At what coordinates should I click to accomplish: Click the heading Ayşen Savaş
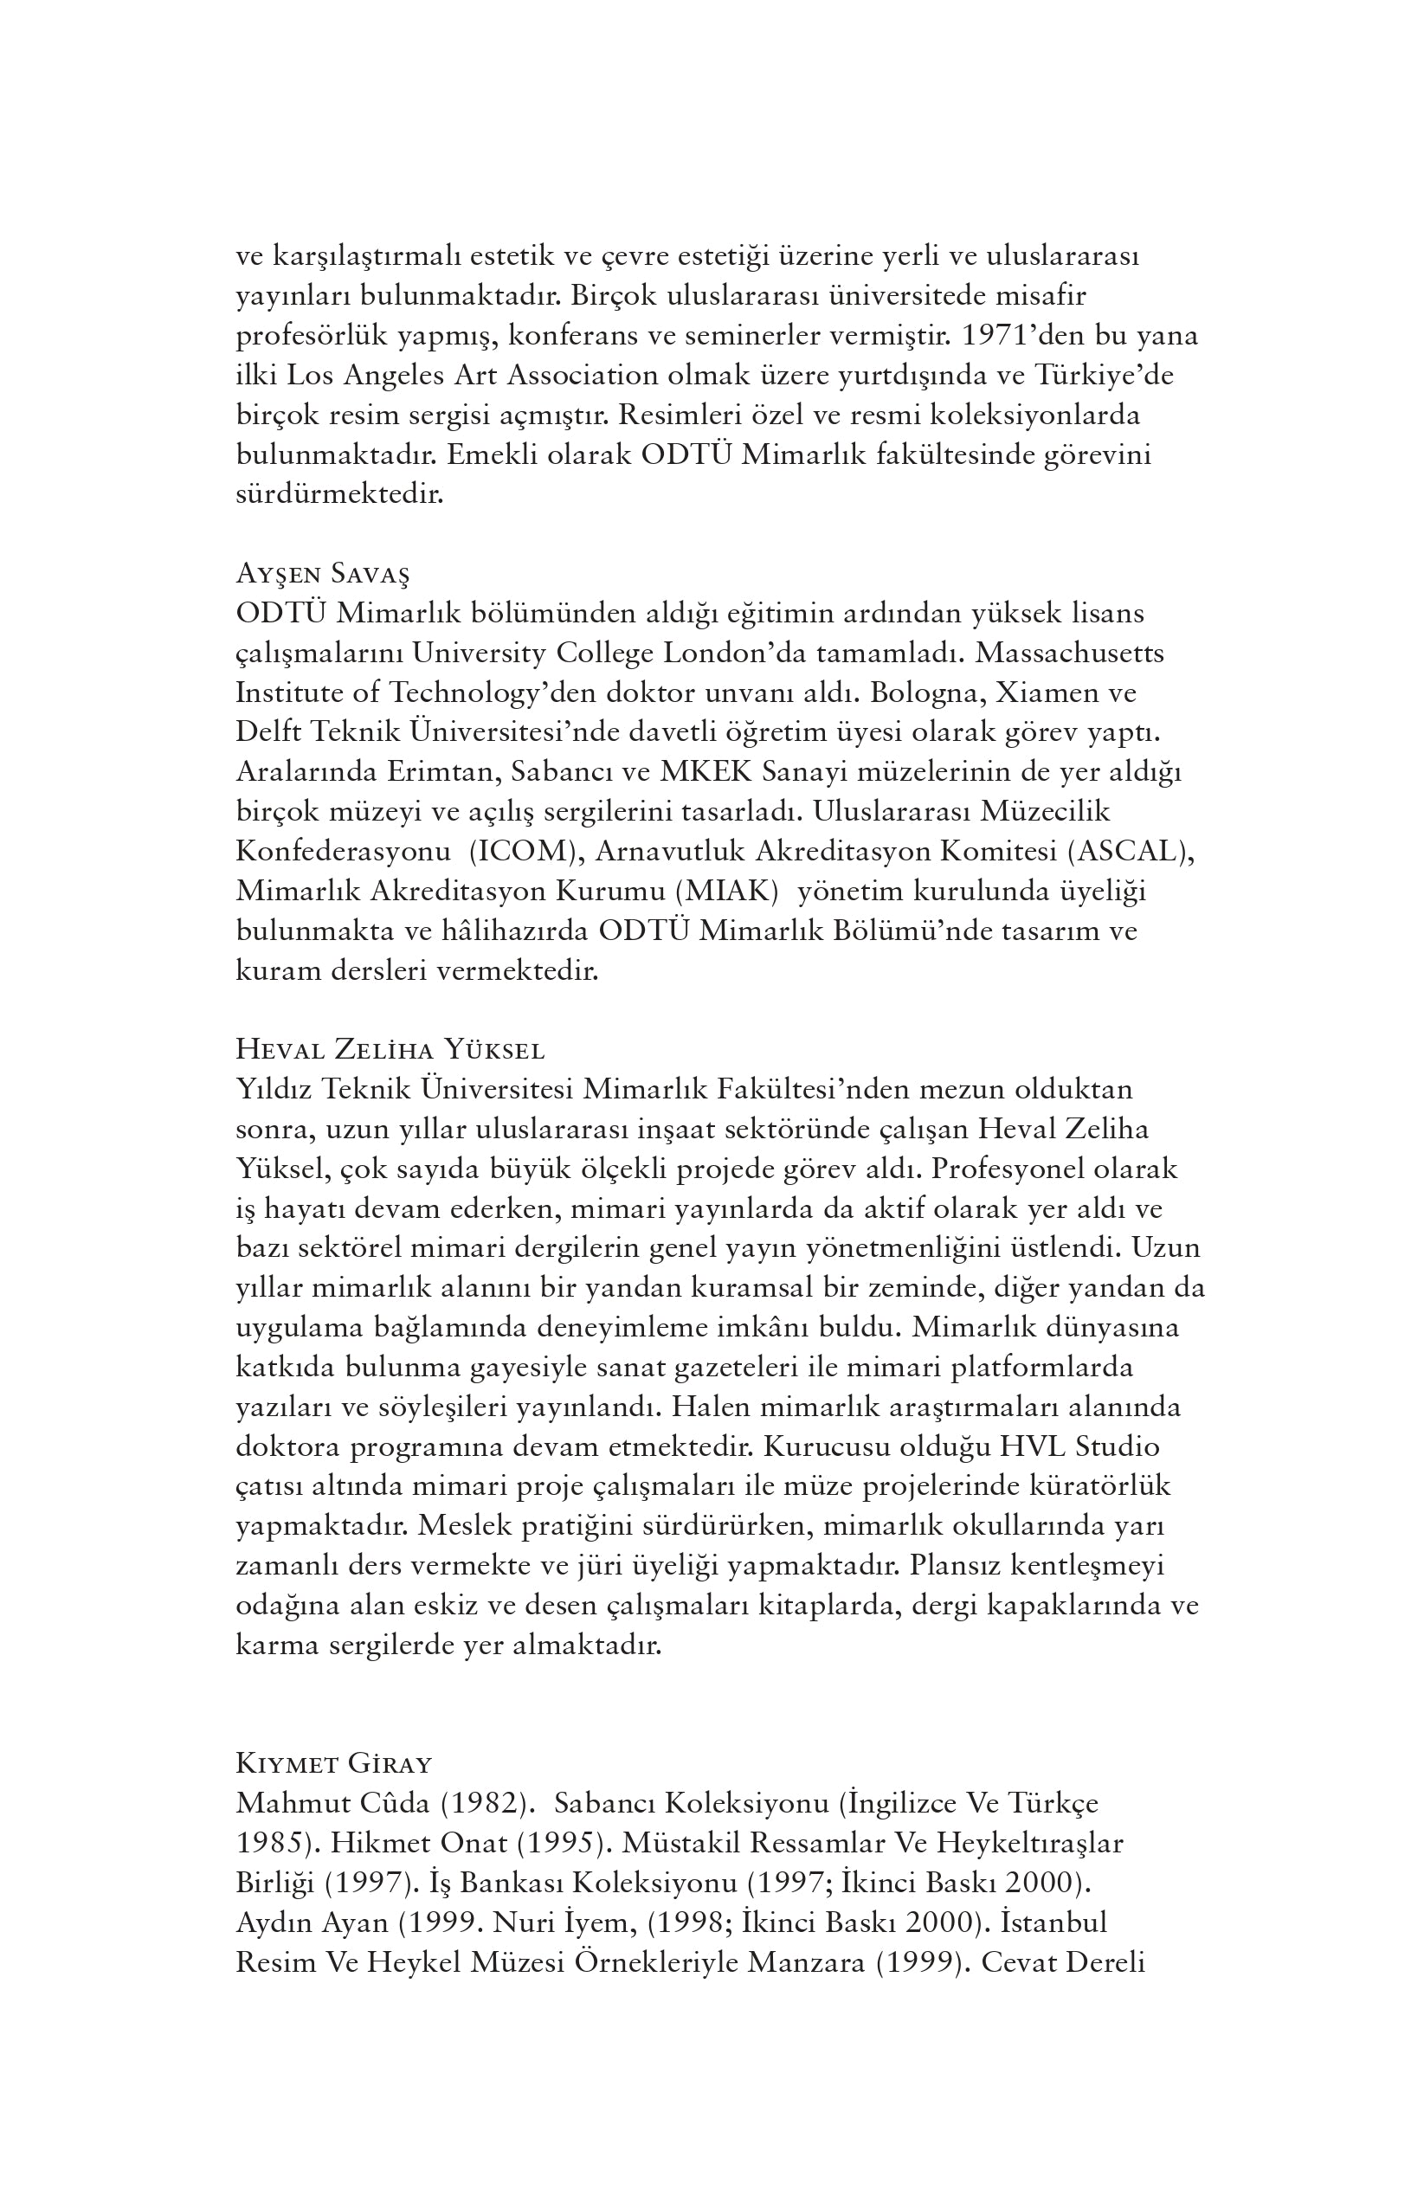pos(322,574)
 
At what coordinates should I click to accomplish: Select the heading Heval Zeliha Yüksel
pos(390,1049)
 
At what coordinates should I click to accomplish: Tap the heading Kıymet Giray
pos(333,1763)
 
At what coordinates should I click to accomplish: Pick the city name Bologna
pos(926,692)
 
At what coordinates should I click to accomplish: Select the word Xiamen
pos(1048,692)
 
